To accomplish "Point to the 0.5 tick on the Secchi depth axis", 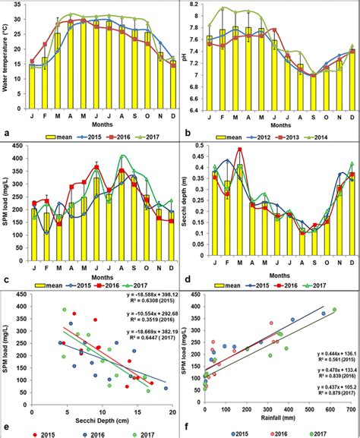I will pos(202,147).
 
